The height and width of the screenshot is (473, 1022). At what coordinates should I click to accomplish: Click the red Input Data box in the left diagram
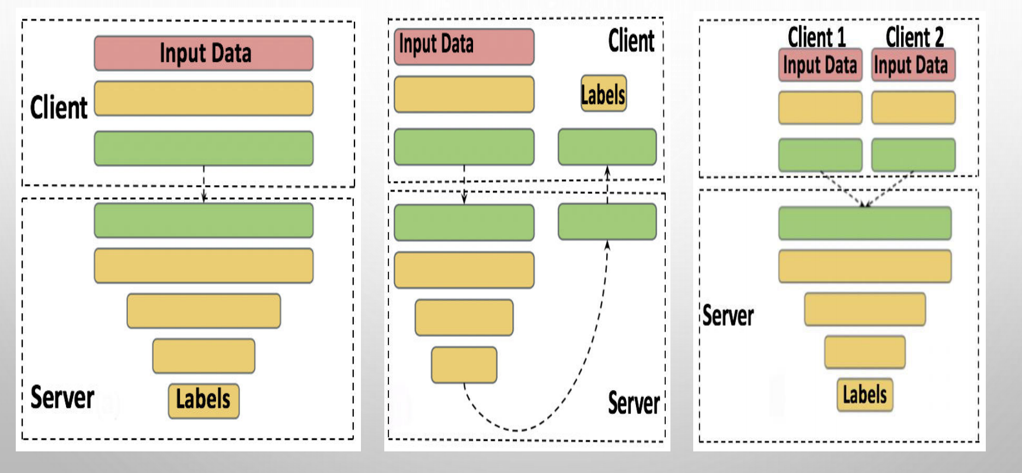204,53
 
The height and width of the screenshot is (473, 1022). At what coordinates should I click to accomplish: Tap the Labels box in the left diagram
204,401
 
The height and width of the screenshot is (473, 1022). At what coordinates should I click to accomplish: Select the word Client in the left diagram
58,107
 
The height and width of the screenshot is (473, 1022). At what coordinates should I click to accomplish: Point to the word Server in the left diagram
62,398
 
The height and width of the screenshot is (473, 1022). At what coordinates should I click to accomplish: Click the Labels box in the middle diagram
604,93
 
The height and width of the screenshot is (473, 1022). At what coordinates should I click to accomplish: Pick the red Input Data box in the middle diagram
464,47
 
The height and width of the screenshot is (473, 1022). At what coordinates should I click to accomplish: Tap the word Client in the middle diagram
631,41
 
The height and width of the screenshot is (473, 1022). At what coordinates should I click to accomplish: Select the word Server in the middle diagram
634,403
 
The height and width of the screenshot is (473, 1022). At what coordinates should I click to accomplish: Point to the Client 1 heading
816,37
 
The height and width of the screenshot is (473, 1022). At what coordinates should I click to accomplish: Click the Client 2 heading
915,37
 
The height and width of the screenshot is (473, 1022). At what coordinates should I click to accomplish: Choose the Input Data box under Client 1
820,65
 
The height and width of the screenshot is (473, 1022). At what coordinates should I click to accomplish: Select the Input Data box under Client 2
913,65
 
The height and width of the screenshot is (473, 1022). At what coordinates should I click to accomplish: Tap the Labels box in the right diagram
865,395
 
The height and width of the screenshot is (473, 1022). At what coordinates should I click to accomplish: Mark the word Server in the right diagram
728,315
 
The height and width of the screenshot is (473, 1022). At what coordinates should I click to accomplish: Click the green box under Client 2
913,155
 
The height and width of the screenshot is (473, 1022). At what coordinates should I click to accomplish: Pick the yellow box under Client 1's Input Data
820,107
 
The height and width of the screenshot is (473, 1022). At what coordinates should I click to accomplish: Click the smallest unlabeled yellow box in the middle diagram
464,365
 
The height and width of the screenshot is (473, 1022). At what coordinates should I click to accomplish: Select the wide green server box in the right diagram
865,223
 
